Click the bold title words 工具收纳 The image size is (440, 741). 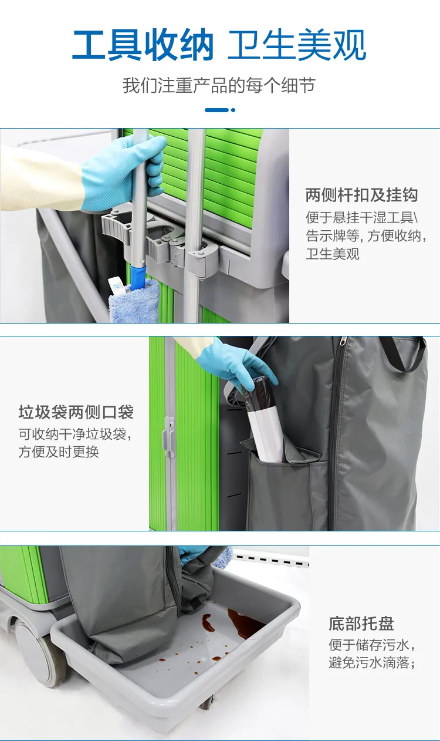click(x=142, y=46)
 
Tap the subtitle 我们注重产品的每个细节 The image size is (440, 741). click(x=219, y=86)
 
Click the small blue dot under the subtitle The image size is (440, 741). click(x=233, y=110)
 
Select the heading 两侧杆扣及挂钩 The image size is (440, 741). click(x=361, y=196)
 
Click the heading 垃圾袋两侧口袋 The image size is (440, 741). click(x=76, y=413)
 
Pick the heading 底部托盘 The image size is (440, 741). click(x=361, y=624)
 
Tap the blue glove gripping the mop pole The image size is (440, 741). click(x=126, y=173)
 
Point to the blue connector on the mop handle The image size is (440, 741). click(x=138, y=276)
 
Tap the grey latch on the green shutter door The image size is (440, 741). click(x=169, y=437)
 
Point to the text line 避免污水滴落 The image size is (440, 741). click(x=372, y=664)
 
